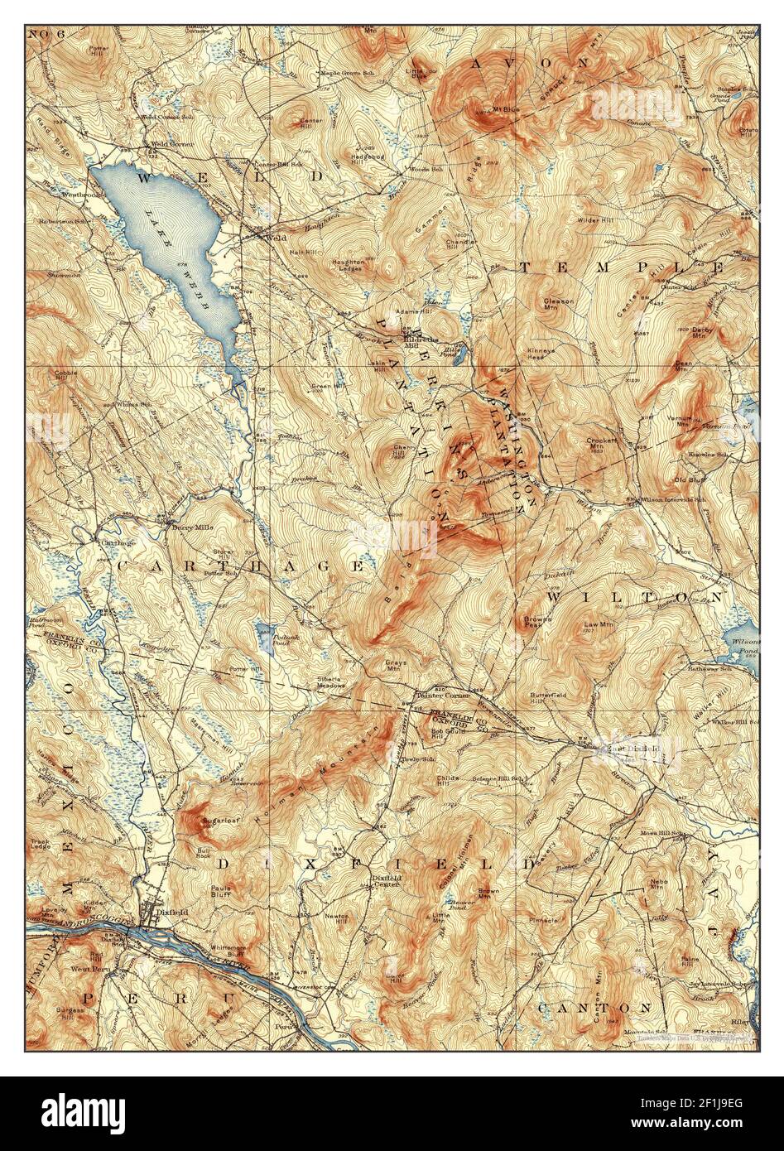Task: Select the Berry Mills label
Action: (x=187, y=524)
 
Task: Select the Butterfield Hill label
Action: (x=548, y=697)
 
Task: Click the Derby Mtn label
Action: (x=703, y=332)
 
